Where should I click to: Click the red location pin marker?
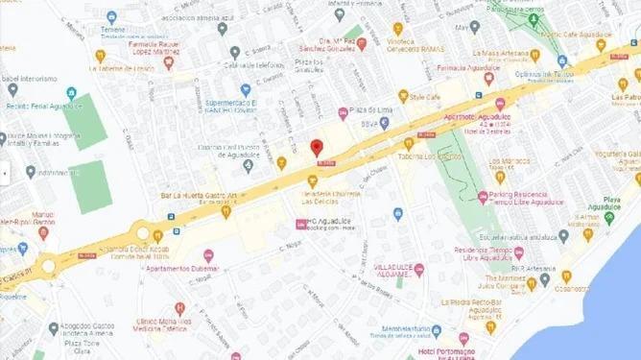317,148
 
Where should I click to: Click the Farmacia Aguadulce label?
468,69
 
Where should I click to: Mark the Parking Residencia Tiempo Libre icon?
482,198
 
